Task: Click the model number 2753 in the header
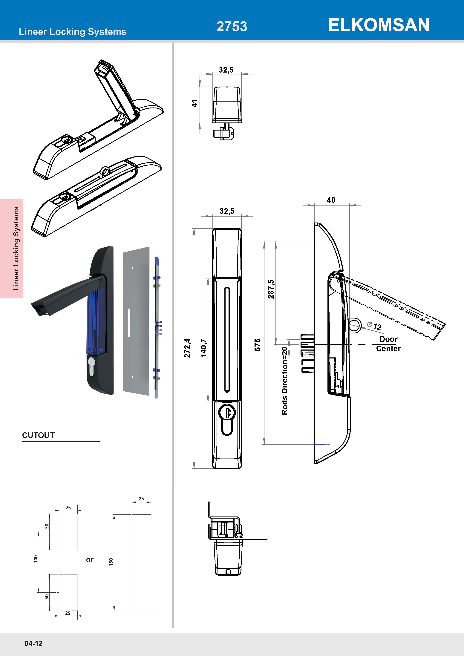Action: (x=232, y=27)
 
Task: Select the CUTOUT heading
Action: (x=38, y=435)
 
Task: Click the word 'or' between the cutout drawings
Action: (x=90, y=560)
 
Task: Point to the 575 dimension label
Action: (x=257, y=345)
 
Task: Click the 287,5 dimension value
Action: (x=271, y=289)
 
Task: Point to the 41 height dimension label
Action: (x=195, y=103)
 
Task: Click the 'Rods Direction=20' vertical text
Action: (x=285, y=381)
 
